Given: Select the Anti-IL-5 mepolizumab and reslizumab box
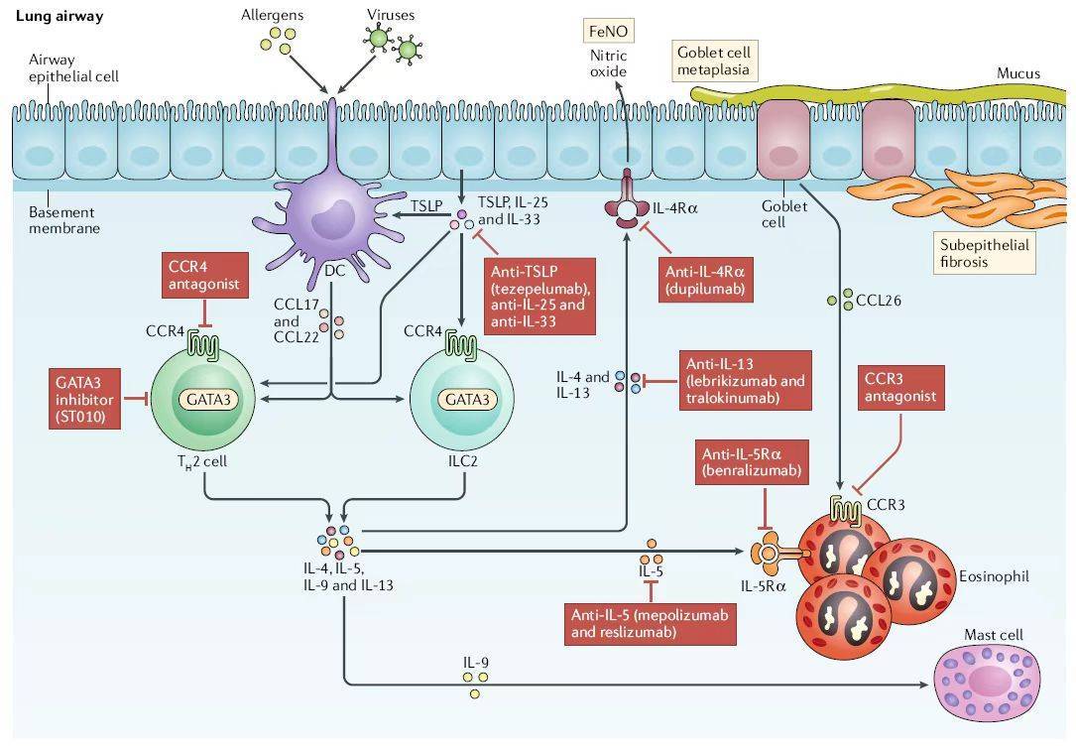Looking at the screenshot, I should [x=650, y=623].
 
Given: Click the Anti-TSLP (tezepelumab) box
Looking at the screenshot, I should [x=540, y=296].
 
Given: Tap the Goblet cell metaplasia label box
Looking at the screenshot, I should [x=714, y=61].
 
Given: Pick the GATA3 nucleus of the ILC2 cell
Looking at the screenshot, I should [x=460, y=399].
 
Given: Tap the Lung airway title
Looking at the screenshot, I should [x=60, y=17].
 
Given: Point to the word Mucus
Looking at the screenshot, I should [x=1018, y=73].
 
